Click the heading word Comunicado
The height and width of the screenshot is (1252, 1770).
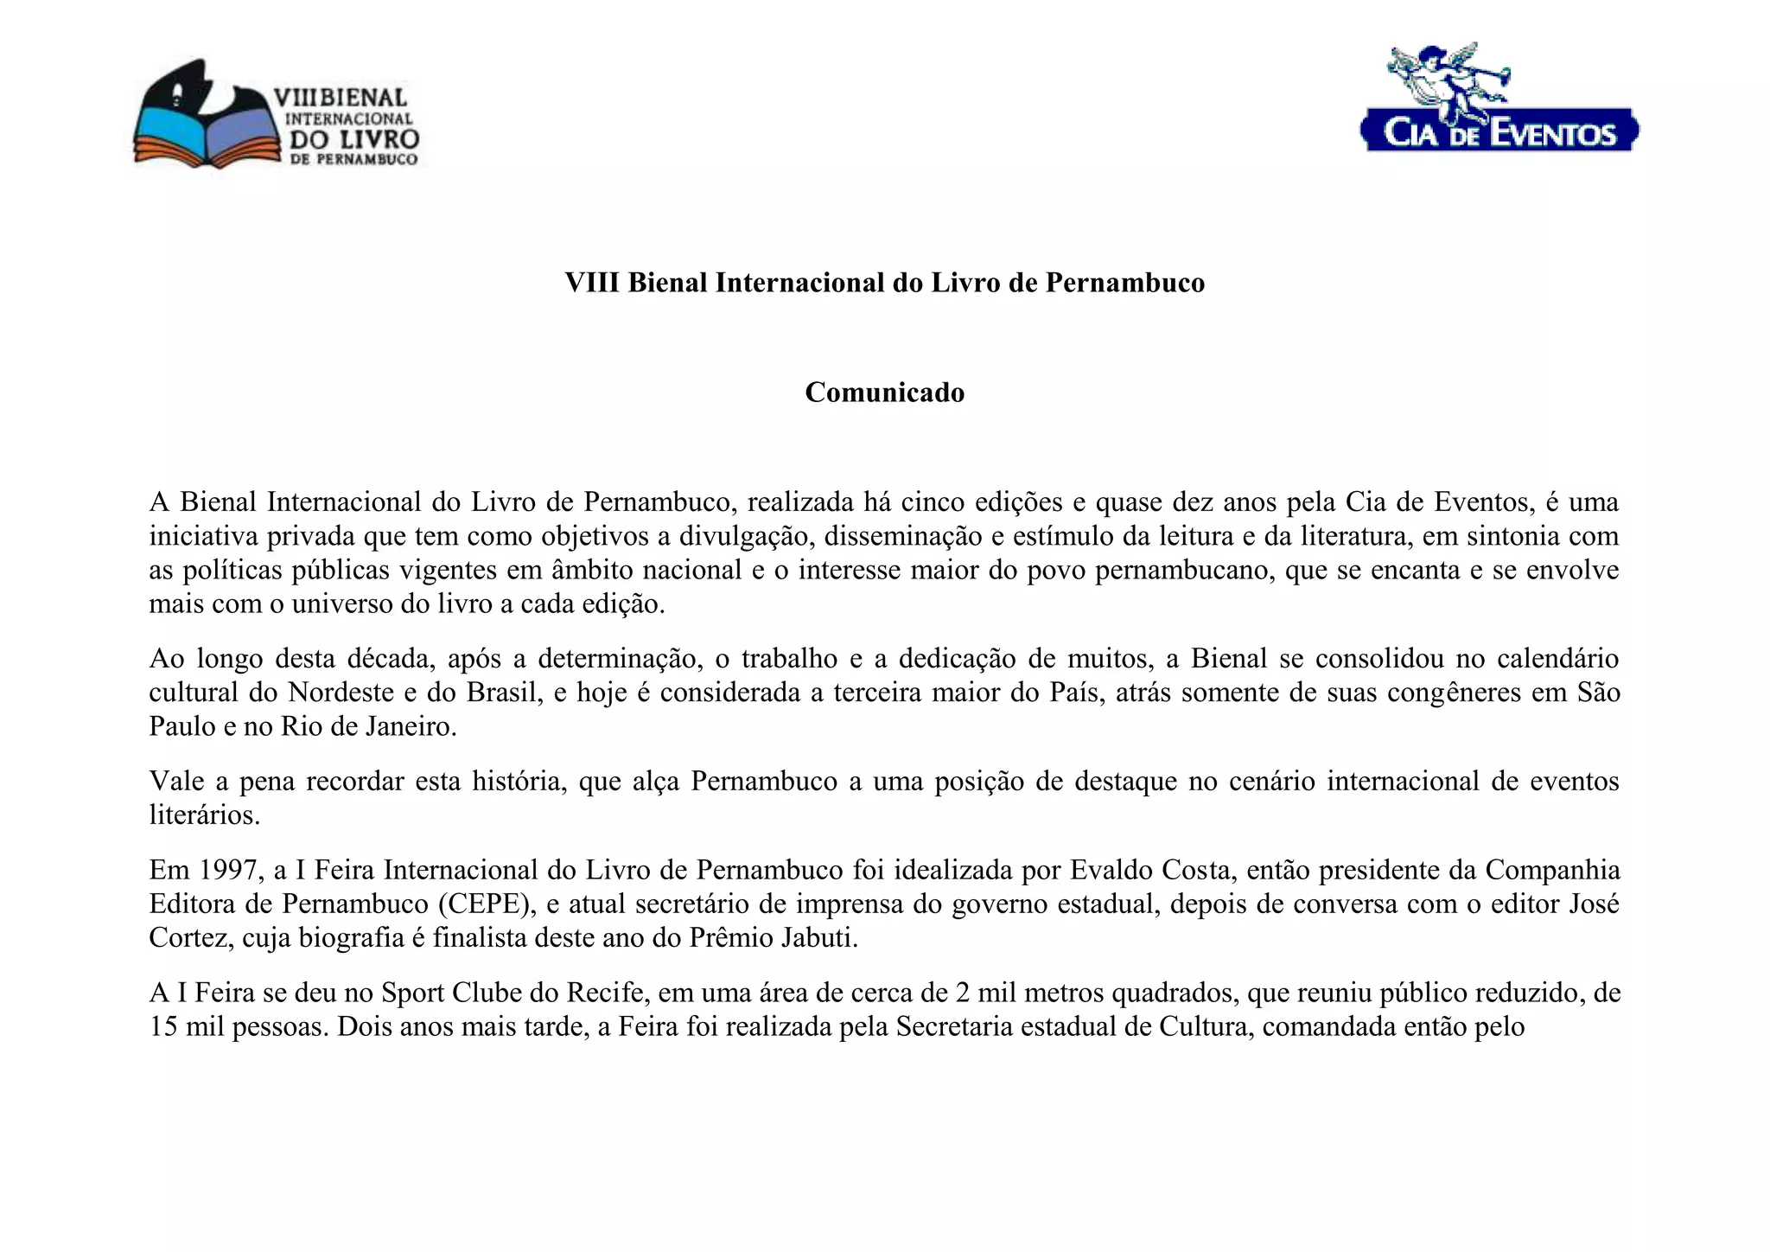click(x=884, y=393)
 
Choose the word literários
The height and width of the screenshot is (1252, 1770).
click(x=204, y=815)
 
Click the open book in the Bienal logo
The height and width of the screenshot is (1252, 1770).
click(x=207, y=138)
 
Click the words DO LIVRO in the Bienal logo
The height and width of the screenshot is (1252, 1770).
click(x=353, y=139)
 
